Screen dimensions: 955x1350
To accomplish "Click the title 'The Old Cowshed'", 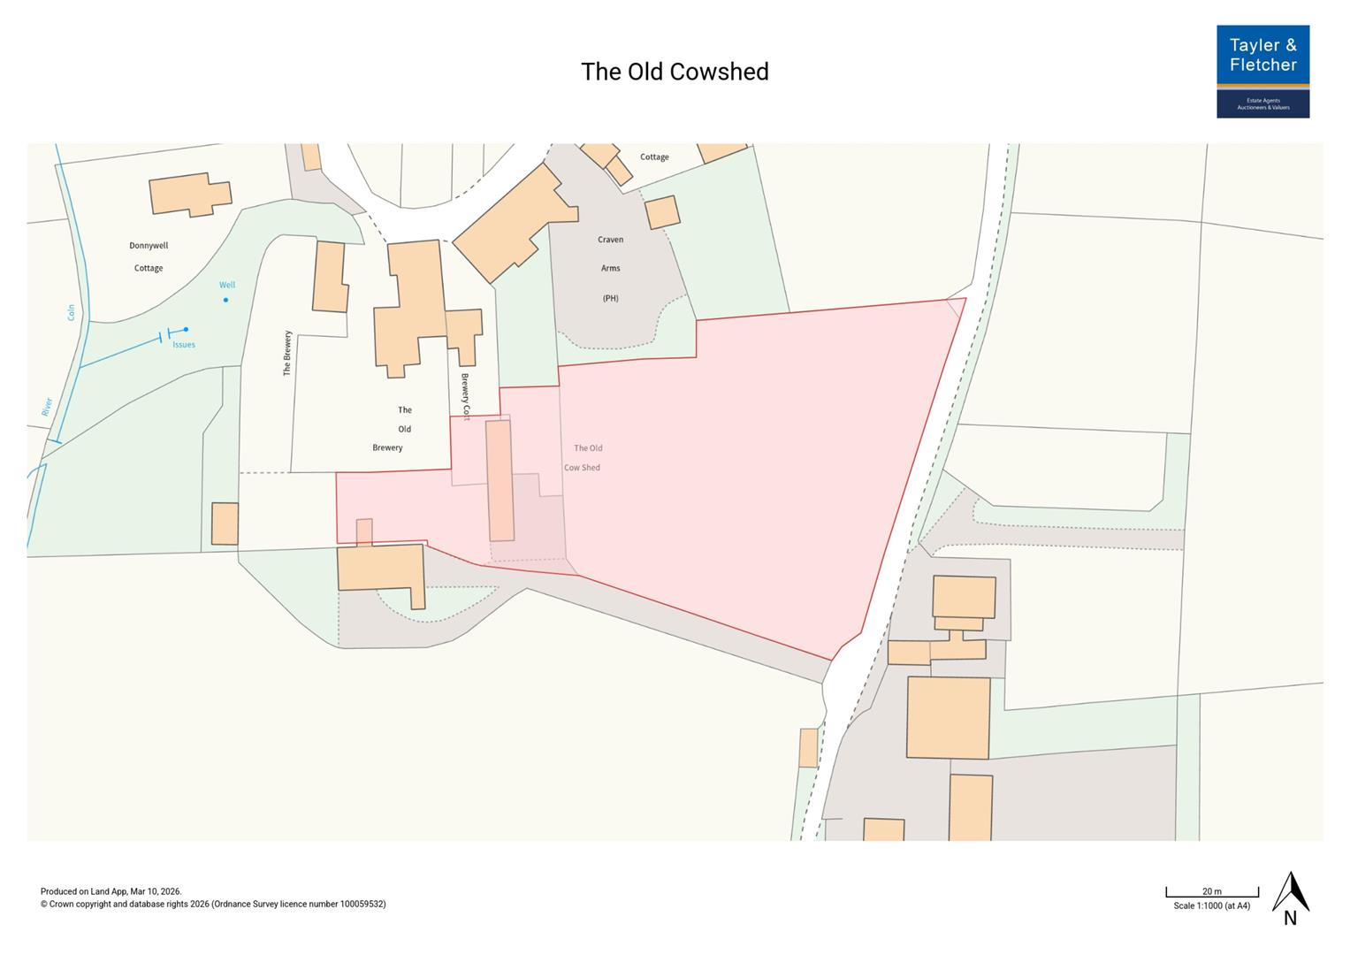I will (675, 72).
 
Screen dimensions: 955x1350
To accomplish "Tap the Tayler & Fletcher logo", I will (1262, 72).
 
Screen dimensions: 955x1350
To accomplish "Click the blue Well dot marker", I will (225, 300).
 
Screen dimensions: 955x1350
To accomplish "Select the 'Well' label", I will (227, 285).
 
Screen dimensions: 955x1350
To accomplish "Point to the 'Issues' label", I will (184, 345).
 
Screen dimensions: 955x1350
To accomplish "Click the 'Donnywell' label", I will (149, 246).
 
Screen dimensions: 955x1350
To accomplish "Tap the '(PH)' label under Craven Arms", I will (610, 298).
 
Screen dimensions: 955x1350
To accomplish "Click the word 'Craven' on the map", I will (610, 240).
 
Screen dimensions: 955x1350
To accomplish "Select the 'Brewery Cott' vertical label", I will (465, 395).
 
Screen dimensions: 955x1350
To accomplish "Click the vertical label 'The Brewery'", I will (287, 354).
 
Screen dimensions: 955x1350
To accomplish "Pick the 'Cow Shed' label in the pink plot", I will (582, 468).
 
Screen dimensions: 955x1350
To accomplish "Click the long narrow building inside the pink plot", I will (500, 480).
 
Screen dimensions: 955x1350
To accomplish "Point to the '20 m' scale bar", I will (1211, 892).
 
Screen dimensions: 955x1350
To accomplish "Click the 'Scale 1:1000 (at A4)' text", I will (1211, 905).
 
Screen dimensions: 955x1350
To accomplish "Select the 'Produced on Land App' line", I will (111, 891).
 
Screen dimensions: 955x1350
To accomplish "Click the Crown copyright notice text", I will (213, 904).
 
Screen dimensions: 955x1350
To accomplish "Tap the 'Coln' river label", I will (71, 312).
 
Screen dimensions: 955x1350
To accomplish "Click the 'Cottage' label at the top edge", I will (654, 157).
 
